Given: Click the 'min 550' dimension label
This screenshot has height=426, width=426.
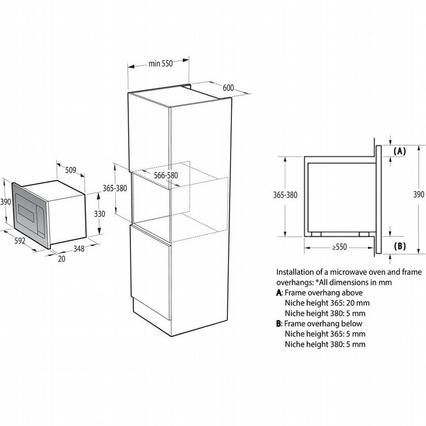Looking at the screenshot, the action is [160, 64].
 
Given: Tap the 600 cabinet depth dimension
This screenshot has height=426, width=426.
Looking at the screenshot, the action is [228, 88].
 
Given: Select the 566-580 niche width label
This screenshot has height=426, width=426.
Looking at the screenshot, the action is [166, 175].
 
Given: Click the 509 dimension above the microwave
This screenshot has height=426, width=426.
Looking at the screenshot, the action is [71, 170].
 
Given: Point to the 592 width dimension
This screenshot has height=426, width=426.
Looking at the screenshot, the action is [19, 241].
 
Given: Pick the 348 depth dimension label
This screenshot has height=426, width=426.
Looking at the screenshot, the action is [79, 248].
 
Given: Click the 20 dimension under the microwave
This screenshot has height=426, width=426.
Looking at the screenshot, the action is [61, 259].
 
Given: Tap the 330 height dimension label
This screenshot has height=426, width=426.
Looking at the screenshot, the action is [100, 214].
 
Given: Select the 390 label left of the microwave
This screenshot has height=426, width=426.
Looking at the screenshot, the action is [6, 202].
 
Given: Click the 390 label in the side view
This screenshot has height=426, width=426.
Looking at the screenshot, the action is [419, 195].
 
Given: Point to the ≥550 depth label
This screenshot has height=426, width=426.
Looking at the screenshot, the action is [339, 247].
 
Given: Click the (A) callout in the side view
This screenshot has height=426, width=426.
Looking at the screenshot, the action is [399, 152].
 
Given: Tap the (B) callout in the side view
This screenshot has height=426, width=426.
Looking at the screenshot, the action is [399, 246].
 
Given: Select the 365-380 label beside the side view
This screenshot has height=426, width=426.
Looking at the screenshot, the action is [285, 195].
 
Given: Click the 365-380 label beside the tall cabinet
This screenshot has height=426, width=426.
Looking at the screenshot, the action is [115, 188].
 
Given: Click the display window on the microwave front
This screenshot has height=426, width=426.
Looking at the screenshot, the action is [26, 213].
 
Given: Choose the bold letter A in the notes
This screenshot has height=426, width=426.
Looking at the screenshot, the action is [279, 293].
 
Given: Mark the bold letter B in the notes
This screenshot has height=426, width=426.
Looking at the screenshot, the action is [279, 324].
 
